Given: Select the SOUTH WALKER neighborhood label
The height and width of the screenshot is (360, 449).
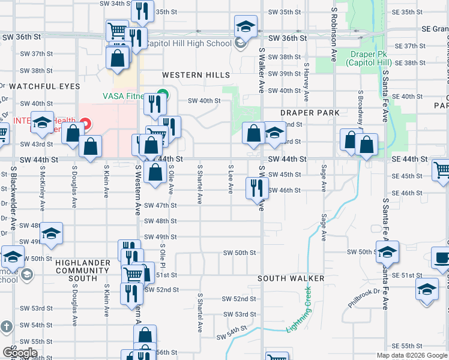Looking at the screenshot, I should (x=291, y=278).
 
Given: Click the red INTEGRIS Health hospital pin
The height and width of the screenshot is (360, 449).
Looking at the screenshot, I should (x=85, y=124).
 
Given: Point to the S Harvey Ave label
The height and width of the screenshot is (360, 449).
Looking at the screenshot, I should (x=306, y=82).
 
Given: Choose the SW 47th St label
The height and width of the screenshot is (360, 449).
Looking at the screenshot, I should (x=161, y=205).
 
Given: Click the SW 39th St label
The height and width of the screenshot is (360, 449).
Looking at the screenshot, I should (x=284, y=74).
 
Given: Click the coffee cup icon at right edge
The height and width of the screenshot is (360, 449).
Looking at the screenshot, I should (x=442, y=259).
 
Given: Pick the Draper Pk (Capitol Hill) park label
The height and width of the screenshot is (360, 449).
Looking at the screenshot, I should (x=370, y=58).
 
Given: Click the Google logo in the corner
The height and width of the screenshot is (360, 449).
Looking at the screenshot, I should (x=20, y=353).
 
